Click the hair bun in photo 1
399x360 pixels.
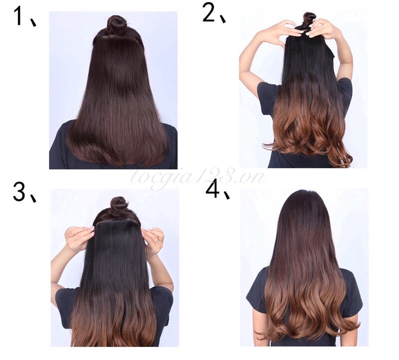116,24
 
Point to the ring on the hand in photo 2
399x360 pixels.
323,26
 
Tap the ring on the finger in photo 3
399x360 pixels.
158,240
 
